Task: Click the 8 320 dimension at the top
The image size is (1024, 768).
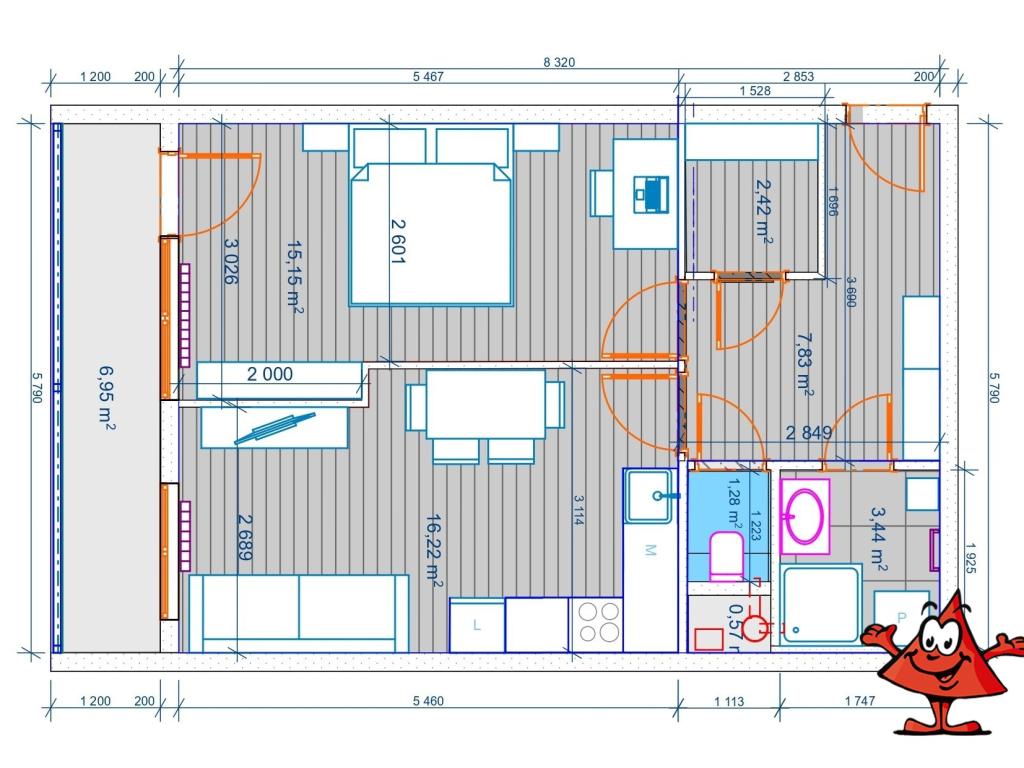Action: [x=559, y=62]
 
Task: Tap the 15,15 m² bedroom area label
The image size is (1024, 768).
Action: [x=294, y=276]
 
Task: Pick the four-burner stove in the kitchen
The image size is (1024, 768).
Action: [x=596, y=622]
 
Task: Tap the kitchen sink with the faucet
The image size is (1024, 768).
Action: [x=651, y=495]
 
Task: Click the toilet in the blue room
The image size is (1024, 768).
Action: [x=725, y=556]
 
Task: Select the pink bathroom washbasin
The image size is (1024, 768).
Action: [x=805, y=516]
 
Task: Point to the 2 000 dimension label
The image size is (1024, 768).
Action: [x=270, y=374]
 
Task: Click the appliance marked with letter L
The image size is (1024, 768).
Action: [x=476, y=625]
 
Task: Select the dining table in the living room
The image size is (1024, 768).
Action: [x=486, y=404]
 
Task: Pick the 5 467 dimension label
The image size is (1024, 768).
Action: [x=427, y=77]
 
